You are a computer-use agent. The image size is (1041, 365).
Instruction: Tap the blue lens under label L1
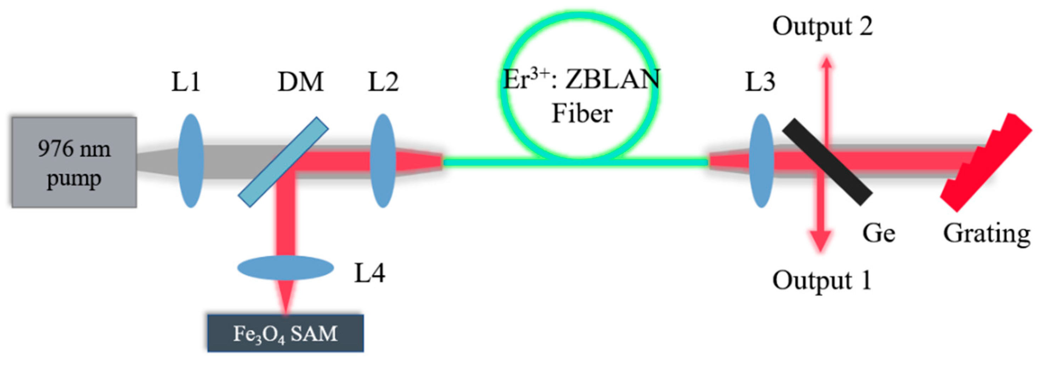point(191,161)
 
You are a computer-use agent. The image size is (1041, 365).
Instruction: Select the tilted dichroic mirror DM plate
point(283,162)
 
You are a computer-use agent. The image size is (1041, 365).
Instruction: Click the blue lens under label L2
point(382,161)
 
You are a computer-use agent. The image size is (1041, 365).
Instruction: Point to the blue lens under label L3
point(761,161)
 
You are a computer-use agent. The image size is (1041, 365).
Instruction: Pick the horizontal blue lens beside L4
point(285,268)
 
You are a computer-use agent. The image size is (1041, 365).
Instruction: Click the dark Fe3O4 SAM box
point(285,333)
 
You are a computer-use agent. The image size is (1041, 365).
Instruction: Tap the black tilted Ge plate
point(827,162)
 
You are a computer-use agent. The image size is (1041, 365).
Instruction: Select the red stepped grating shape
point(986,162)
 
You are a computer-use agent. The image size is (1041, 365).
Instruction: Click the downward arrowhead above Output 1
point(820,242)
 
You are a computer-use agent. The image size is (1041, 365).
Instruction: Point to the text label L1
point(186,82)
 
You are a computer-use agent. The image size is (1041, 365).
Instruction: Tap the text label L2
point(383,82)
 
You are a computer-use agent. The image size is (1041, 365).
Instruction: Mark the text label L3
point(760,82)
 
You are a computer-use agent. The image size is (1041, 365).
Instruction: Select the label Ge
point(879,233)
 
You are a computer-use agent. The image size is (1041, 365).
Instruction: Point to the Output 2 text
point(822,27)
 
